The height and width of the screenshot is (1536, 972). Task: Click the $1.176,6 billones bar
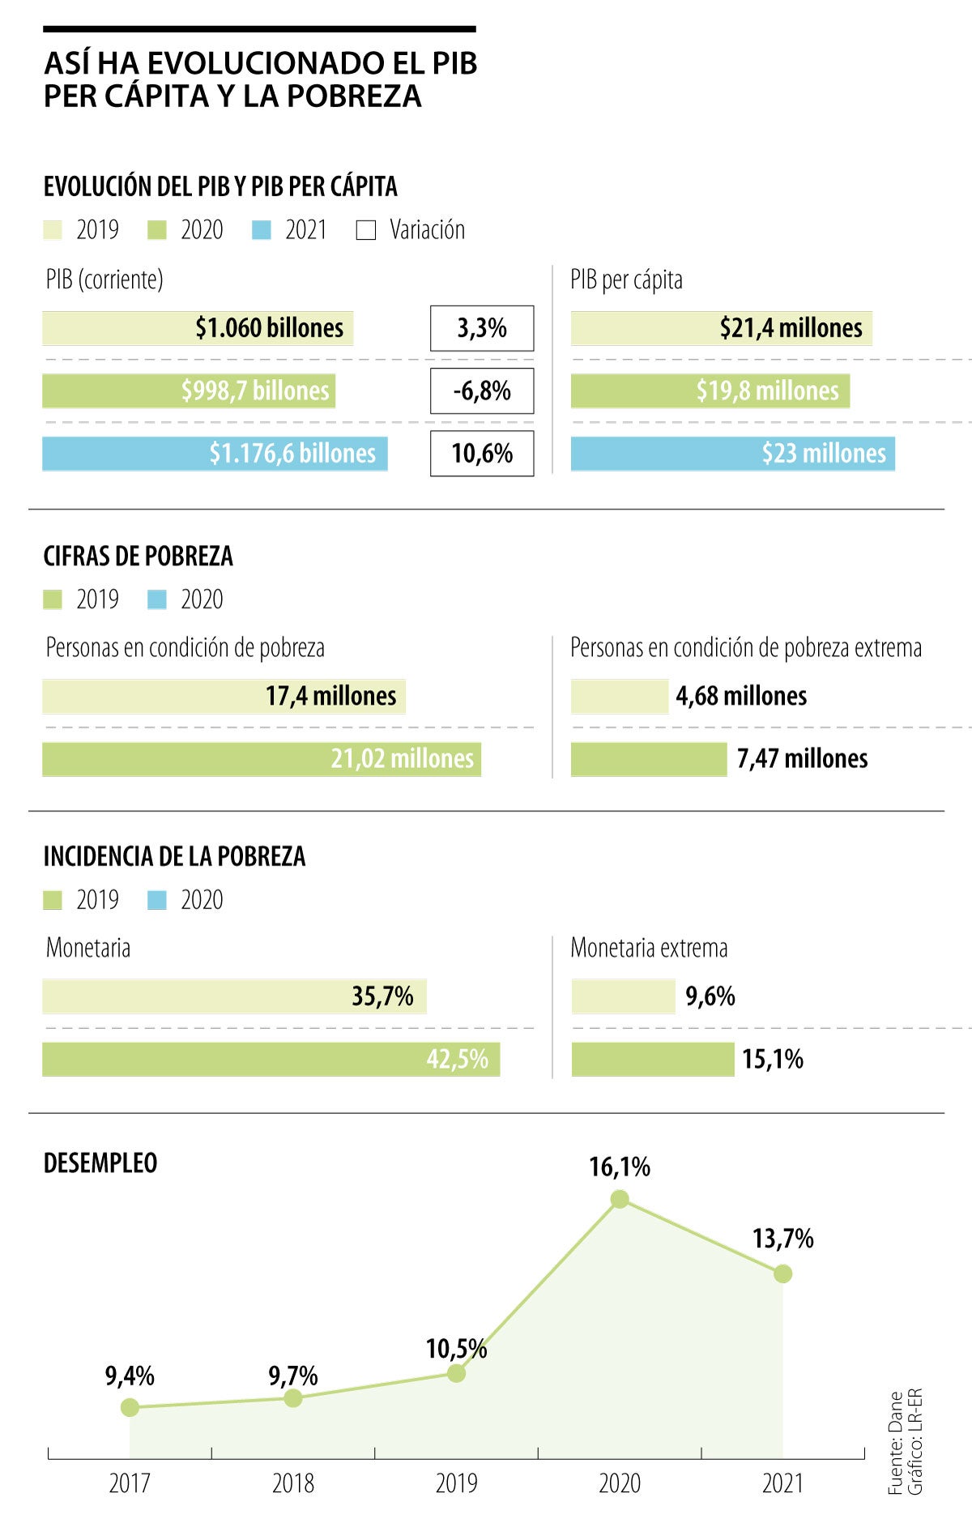point(215,454)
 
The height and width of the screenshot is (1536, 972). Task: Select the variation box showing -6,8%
point(482,391)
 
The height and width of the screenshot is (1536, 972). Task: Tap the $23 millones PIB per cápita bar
point(732,454)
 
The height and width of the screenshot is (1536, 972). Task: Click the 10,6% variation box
point(482,454)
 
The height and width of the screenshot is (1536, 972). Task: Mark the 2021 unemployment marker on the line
point(782,1274)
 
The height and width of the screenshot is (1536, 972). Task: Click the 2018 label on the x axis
point(293,1483)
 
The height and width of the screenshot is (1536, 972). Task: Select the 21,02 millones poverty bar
point(261,759)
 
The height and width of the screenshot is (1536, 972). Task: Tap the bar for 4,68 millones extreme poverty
point(620,697)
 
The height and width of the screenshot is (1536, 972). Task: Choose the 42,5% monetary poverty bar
point(271,1060)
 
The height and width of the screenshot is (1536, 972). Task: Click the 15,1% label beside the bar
point(773,1060)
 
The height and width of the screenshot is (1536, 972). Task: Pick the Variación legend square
point(366,231)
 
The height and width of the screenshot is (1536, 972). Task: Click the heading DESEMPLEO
point(100,1163)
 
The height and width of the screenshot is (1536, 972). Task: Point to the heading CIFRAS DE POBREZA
point(138,557)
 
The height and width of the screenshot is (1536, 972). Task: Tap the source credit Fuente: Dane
point(895,1443)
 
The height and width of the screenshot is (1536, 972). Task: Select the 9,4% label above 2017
point(130,1376)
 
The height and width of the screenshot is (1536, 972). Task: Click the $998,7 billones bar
point(189,391)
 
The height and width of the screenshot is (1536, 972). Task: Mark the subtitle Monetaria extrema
point(649,948)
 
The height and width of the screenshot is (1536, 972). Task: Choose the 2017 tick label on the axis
point(130,1483)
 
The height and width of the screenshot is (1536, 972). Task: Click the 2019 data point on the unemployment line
point(456,1373)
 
